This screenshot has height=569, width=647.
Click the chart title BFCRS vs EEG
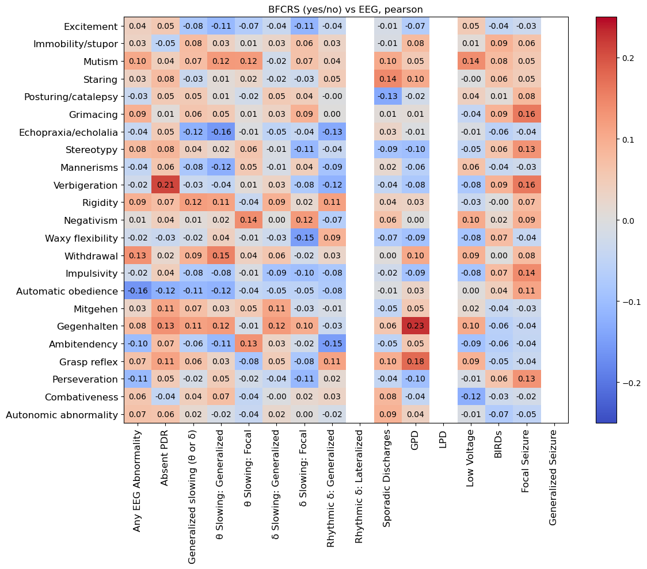(x=345, y=9)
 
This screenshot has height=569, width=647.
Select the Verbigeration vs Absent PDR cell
(x=165, y=185)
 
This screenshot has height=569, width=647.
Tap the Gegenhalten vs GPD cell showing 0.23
(x=415, y=326)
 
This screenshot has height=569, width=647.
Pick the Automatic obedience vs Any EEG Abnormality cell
(x=138, y=291)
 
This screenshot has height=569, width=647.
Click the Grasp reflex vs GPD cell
(x=415, y=361)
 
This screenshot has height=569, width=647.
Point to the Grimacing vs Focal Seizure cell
(x=526, y=114)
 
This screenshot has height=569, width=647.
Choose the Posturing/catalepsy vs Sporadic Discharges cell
(x=387, y=97)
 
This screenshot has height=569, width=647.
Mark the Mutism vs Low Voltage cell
(x=471, y=62)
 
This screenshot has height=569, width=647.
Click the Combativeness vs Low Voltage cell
(x=471, y=396)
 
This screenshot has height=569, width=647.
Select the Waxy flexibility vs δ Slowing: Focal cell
(x=305, y=238)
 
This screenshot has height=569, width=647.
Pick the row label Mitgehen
(x=96, y=308)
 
